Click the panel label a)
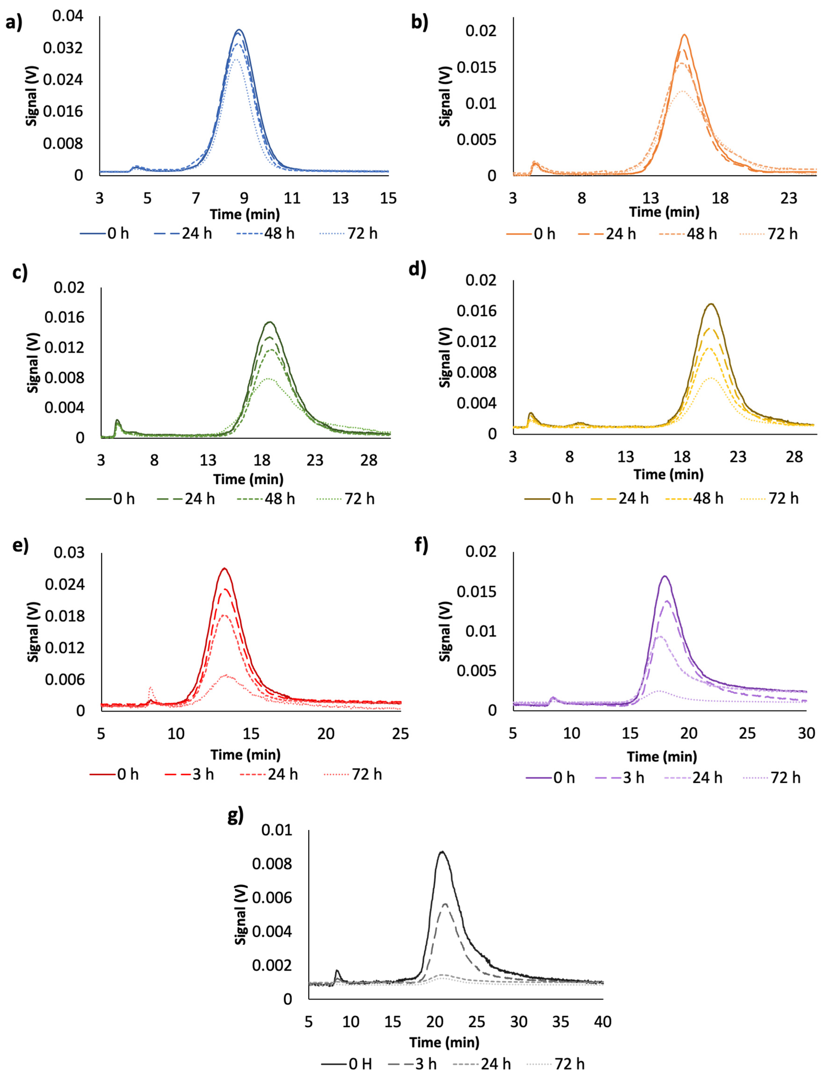[14, 22]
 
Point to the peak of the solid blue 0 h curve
[239, 30]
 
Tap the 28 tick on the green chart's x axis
[369, 460]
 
